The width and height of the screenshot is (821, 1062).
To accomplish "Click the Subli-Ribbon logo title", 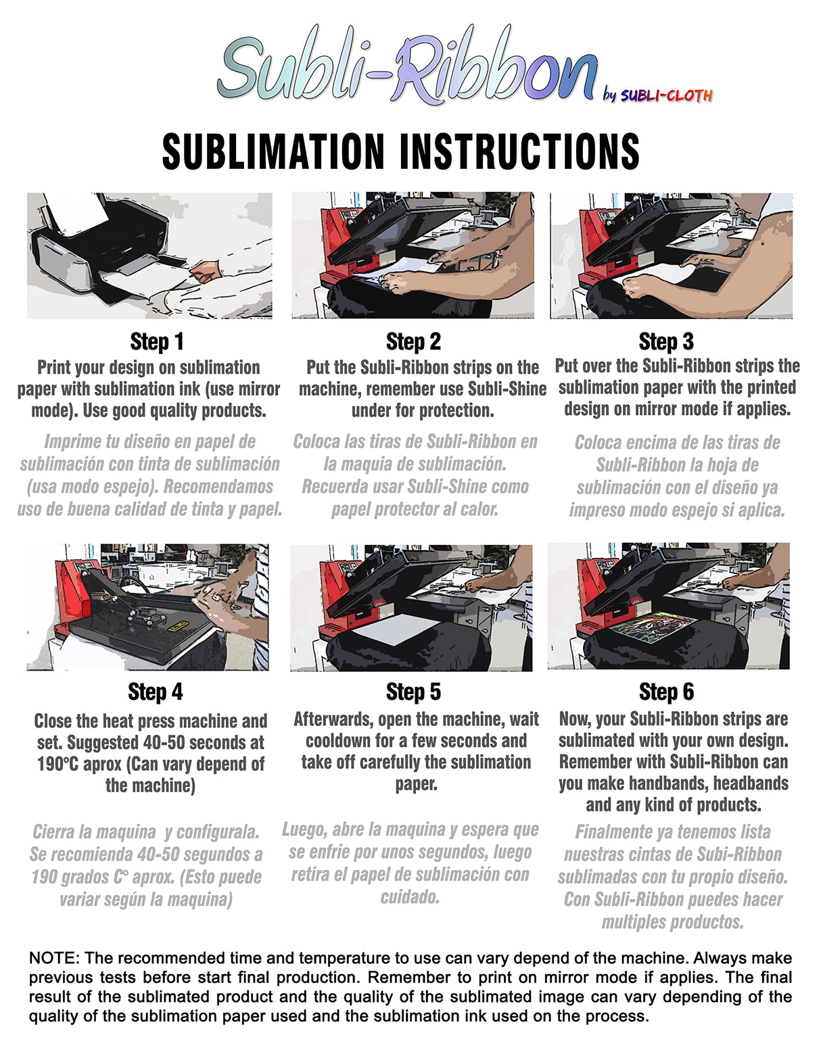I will tap(406, 68).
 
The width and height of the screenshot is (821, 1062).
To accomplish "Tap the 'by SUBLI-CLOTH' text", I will tap(657, 95).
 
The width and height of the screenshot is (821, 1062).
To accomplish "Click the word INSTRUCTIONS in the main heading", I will tap(520, 151).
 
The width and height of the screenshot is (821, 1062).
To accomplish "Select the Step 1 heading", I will tap(156, 342).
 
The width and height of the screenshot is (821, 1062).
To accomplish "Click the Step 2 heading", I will tap(413, 342).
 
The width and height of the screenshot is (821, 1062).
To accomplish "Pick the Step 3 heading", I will tap(666, 342).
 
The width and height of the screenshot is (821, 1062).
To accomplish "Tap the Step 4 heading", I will tap(156, 692).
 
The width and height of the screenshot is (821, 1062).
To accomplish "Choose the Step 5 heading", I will tap(413, 692).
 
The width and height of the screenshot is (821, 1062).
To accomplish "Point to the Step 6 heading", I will tap(666, 692).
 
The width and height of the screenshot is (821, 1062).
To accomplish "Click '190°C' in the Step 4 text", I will tap(59, 765).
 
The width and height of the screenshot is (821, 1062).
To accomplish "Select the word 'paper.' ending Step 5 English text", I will tap(416, 784).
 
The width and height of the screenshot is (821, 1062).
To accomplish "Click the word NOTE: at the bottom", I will tap(54, 958).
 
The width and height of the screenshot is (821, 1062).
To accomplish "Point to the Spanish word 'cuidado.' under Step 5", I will tap(410, 897).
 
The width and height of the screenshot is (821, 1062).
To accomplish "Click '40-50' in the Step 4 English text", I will tap(164, 743).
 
